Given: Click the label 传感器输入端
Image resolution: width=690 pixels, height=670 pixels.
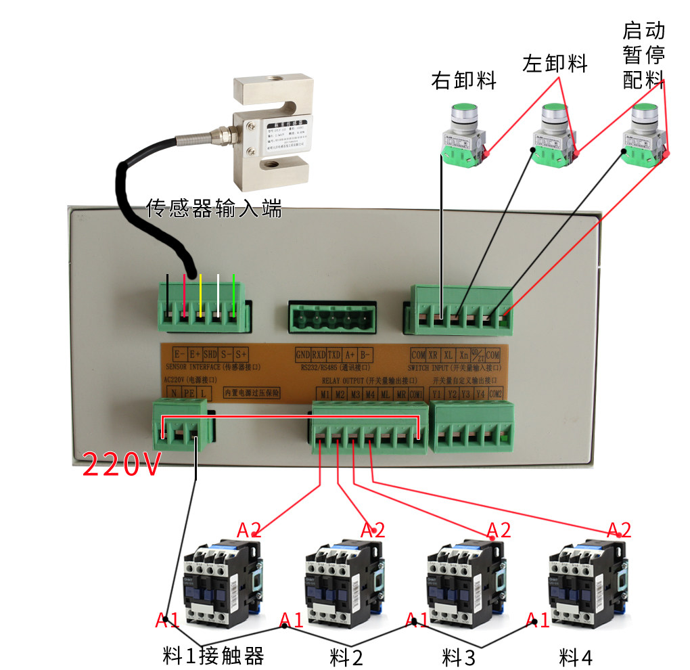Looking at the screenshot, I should click(214, 208).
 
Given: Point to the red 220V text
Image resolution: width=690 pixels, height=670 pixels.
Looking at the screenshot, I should click(121, 465).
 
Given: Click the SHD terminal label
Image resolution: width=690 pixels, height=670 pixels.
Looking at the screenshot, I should click(211, 355).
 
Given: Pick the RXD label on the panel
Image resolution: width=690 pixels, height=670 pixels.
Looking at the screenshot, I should click(319, 355).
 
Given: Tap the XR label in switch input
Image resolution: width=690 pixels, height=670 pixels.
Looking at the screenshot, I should click(433, 355).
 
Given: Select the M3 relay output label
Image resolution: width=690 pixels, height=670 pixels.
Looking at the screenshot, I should click(355, 394).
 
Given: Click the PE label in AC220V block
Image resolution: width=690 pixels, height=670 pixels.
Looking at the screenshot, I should click(189, 394).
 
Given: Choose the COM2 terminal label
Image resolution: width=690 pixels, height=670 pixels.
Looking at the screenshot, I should click(496, 394).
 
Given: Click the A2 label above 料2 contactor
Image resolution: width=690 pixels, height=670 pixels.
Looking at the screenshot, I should click(373, 529).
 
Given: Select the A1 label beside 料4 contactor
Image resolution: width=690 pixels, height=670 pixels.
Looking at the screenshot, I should click(538, 619).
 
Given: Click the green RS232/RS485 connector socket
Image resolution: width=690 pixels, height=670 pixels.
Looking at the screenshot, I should click(331, 317).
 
